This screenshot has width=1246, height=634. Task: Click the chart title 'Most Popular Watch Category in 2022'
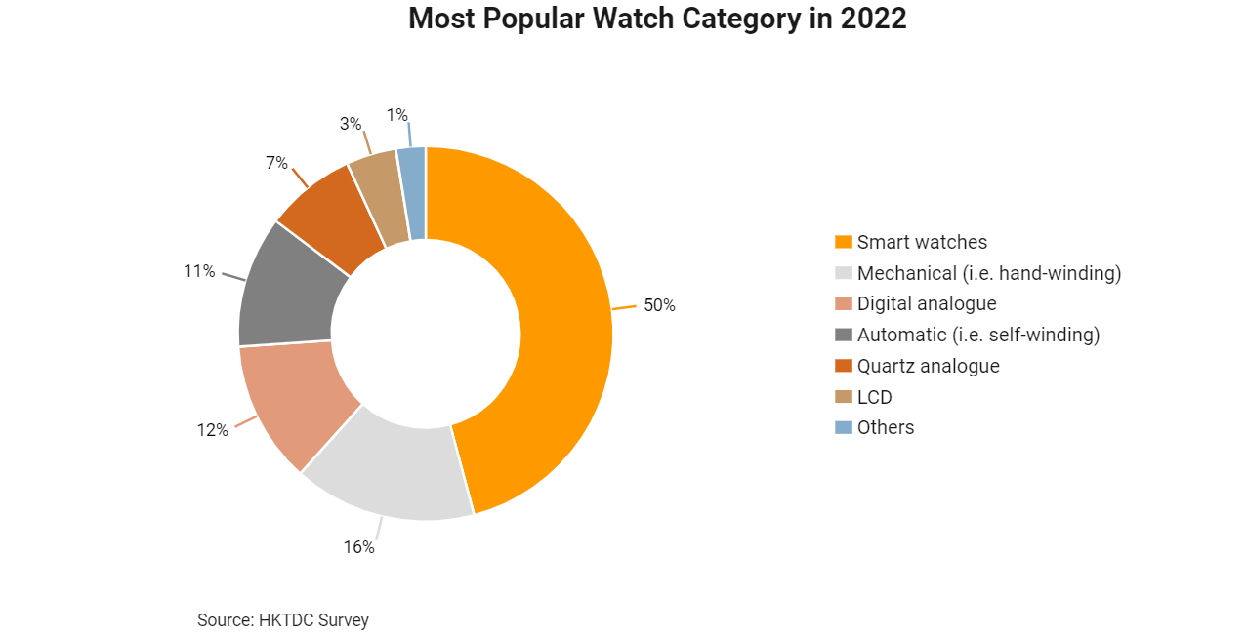point(657,20)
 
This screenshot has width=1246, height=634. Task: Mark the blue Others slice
point(413,192)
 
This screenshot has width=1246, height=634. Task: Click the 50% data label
point(659,305)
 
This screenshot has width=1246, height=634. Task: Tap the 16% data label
point(358,547)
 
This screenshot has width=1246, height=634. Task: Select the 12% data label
point(212,430)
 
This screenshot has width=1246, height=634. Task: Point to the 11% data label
point(199,271)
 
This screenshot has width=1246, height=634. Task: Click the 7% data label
point(276,163)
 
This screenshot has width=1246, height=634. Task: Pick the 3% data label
point(351,124)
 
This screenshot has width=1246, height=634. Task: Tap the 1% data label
point(396,115)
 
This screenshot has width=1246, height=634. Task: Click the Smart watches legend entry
point(922,242)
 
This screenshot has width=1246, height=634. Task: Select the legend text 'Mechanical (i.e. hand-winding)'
point(989,273)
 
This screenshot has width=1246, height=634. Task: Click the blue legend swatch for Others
point(844,427)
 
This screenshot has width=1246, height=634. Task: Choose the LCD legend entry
point(874,397)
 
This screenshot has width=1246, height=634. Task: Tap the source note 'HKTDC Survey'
point(283,620)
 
